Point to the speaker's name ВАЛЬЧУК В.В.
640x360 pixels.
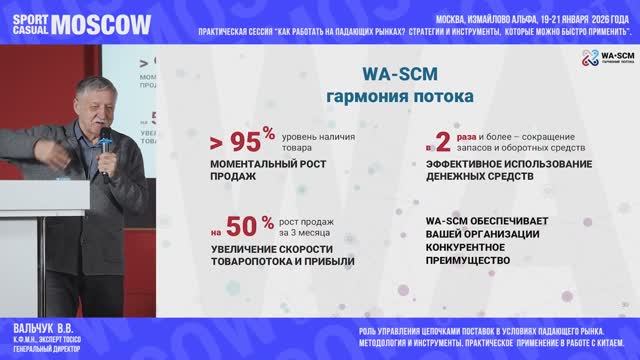tap(42, 328)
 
